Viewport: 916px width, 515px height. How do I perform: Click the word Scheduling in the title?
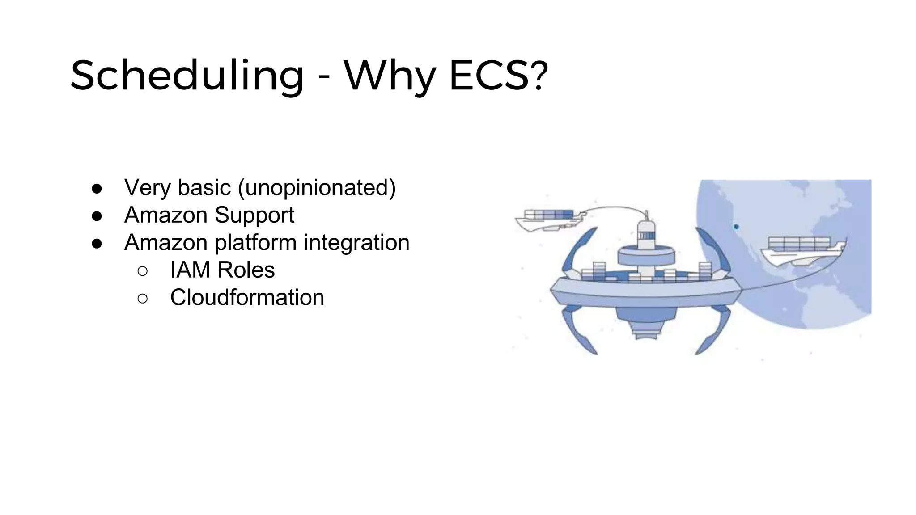pyautogui.click(x=187, y=76)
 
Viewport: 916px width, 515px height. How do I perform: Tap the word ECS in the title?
pyautogui.click(x=489, y=76)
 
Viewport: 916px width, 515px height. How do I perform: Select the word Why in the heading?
pyautogui.click(x=390, y=76)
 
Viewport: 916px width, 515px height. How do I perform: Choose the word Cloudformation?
pyautogui.click(x=247, y=297)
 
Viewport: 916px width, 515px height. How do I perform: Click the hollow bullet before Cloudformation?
pyautogui.click(x=143, y=298)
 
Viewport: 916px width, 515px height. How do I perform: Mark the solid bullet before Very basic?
pyautogui.click(x=97, y=188)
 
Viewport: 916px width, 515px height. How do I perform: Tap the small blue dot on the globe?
pyautogui.click(x=736, y=227)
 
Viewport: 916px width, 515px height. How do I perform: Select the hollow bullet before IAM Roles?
pyautogui.click(x=143, y=271)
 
